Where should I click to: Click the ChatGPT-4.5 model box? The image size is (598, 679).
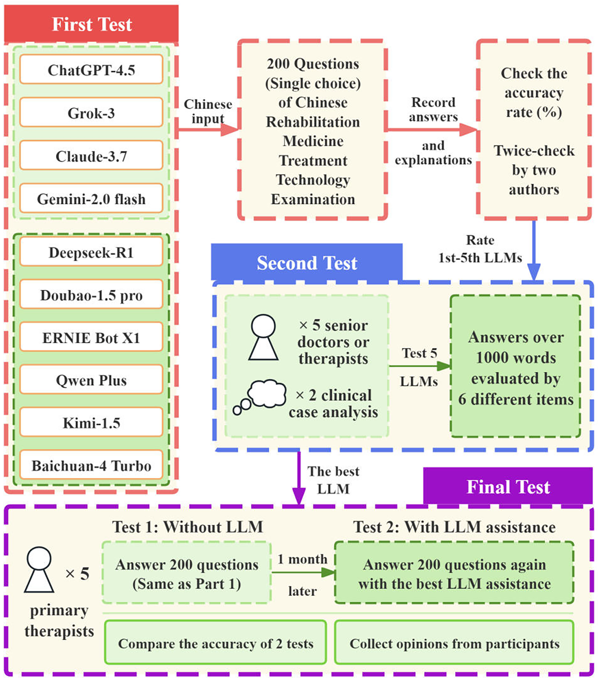pos(91,70)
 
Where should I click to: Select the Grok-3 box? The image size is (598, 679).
pos(91,113)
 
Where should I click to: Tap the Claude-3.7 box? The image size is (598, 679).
pos(91,156)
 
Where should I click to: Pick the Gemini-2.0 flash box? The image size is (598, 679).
pos(91,198)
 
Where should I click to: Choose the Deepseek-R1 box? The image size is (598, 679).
pos(91,252)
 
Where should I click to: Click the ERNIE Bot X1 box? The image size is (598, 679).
pos(91,338)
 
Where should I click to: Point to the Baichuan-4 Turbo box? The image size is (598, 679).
pos(91,465)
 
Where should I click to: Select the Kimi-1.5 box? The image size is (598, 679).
pos(91,423)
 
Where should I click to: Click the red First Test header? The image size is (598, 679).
pos(91,24)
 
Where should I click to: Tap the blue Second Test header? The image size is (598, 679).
pos(306,263)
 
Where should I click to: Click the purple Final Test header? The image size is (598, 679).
pos(507,487)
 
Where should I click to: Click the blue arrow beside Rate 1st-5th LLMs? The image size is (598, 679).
pos(534,250)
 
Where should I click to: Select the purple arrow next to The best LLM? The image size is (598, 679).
pos(298,479)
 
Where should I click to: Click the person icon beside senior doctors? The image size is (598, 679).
pos(263,338)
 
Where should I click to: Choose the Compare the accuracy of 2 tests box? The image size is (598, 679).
pos(215,644)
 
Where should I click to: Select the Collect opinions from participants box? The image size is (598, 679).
pos(454,644)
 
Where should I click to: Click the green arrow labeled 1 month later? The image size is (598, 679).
pos(303,573)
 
